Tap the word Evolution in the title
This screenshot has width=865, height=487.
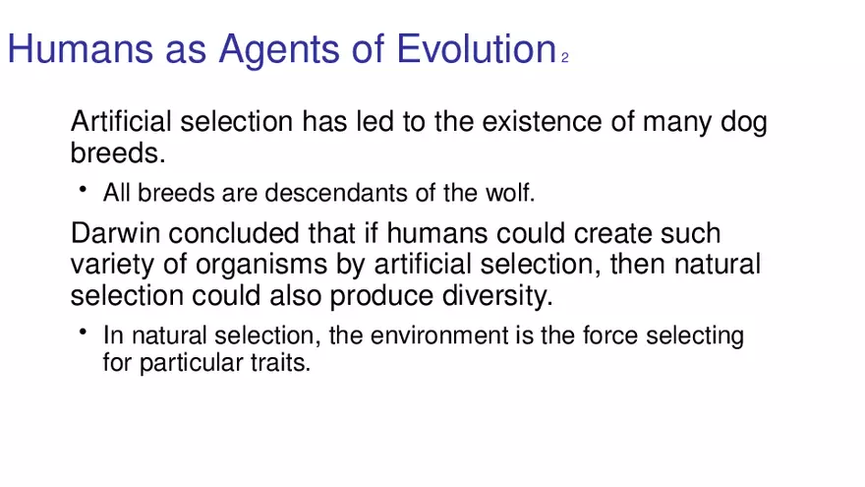(x=477, y=48)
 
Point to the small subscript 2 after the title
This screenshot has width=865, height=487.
(x=565, y=57)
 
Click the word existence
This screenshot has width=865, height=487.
(x=542, y=121)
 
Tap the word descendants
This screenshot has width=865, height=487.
(x=336, y=193)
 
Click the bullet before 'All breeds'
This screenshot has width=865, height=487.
(x=84, y=189)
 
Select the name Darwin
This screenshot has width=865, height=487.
(x=115, y=233)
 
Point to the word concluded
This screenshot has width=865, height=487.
(x=234, y=233)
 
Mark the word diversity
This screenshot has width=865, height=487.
(x=497, y=296)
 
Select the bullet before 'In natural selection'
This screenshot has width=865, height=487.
(x=84, y=332)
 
